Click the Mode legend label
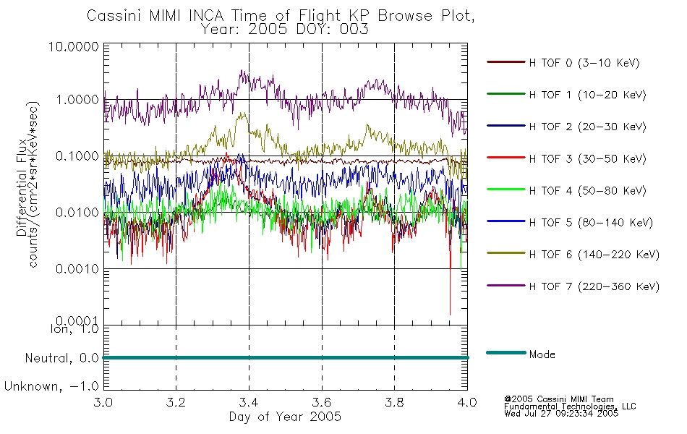[542, 354]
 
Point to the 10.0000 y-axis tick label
[74, 46]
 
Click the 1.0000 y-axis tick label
[77, 100]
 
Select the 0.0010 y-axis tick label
[77, 269]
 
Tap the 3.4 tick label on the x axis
[249, 402]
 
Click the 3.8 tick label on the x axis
[394, 402]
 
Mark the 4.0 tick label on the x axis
[467, 402]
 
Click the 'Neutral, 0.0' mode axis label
[62, 358]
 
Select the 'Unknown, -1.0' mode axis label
[51, 386]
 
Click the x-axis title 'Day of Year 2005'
[285, 417]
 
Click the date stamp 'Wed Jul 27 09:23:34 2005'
[561, 414]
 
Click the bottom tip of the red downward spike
[450, 315]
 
